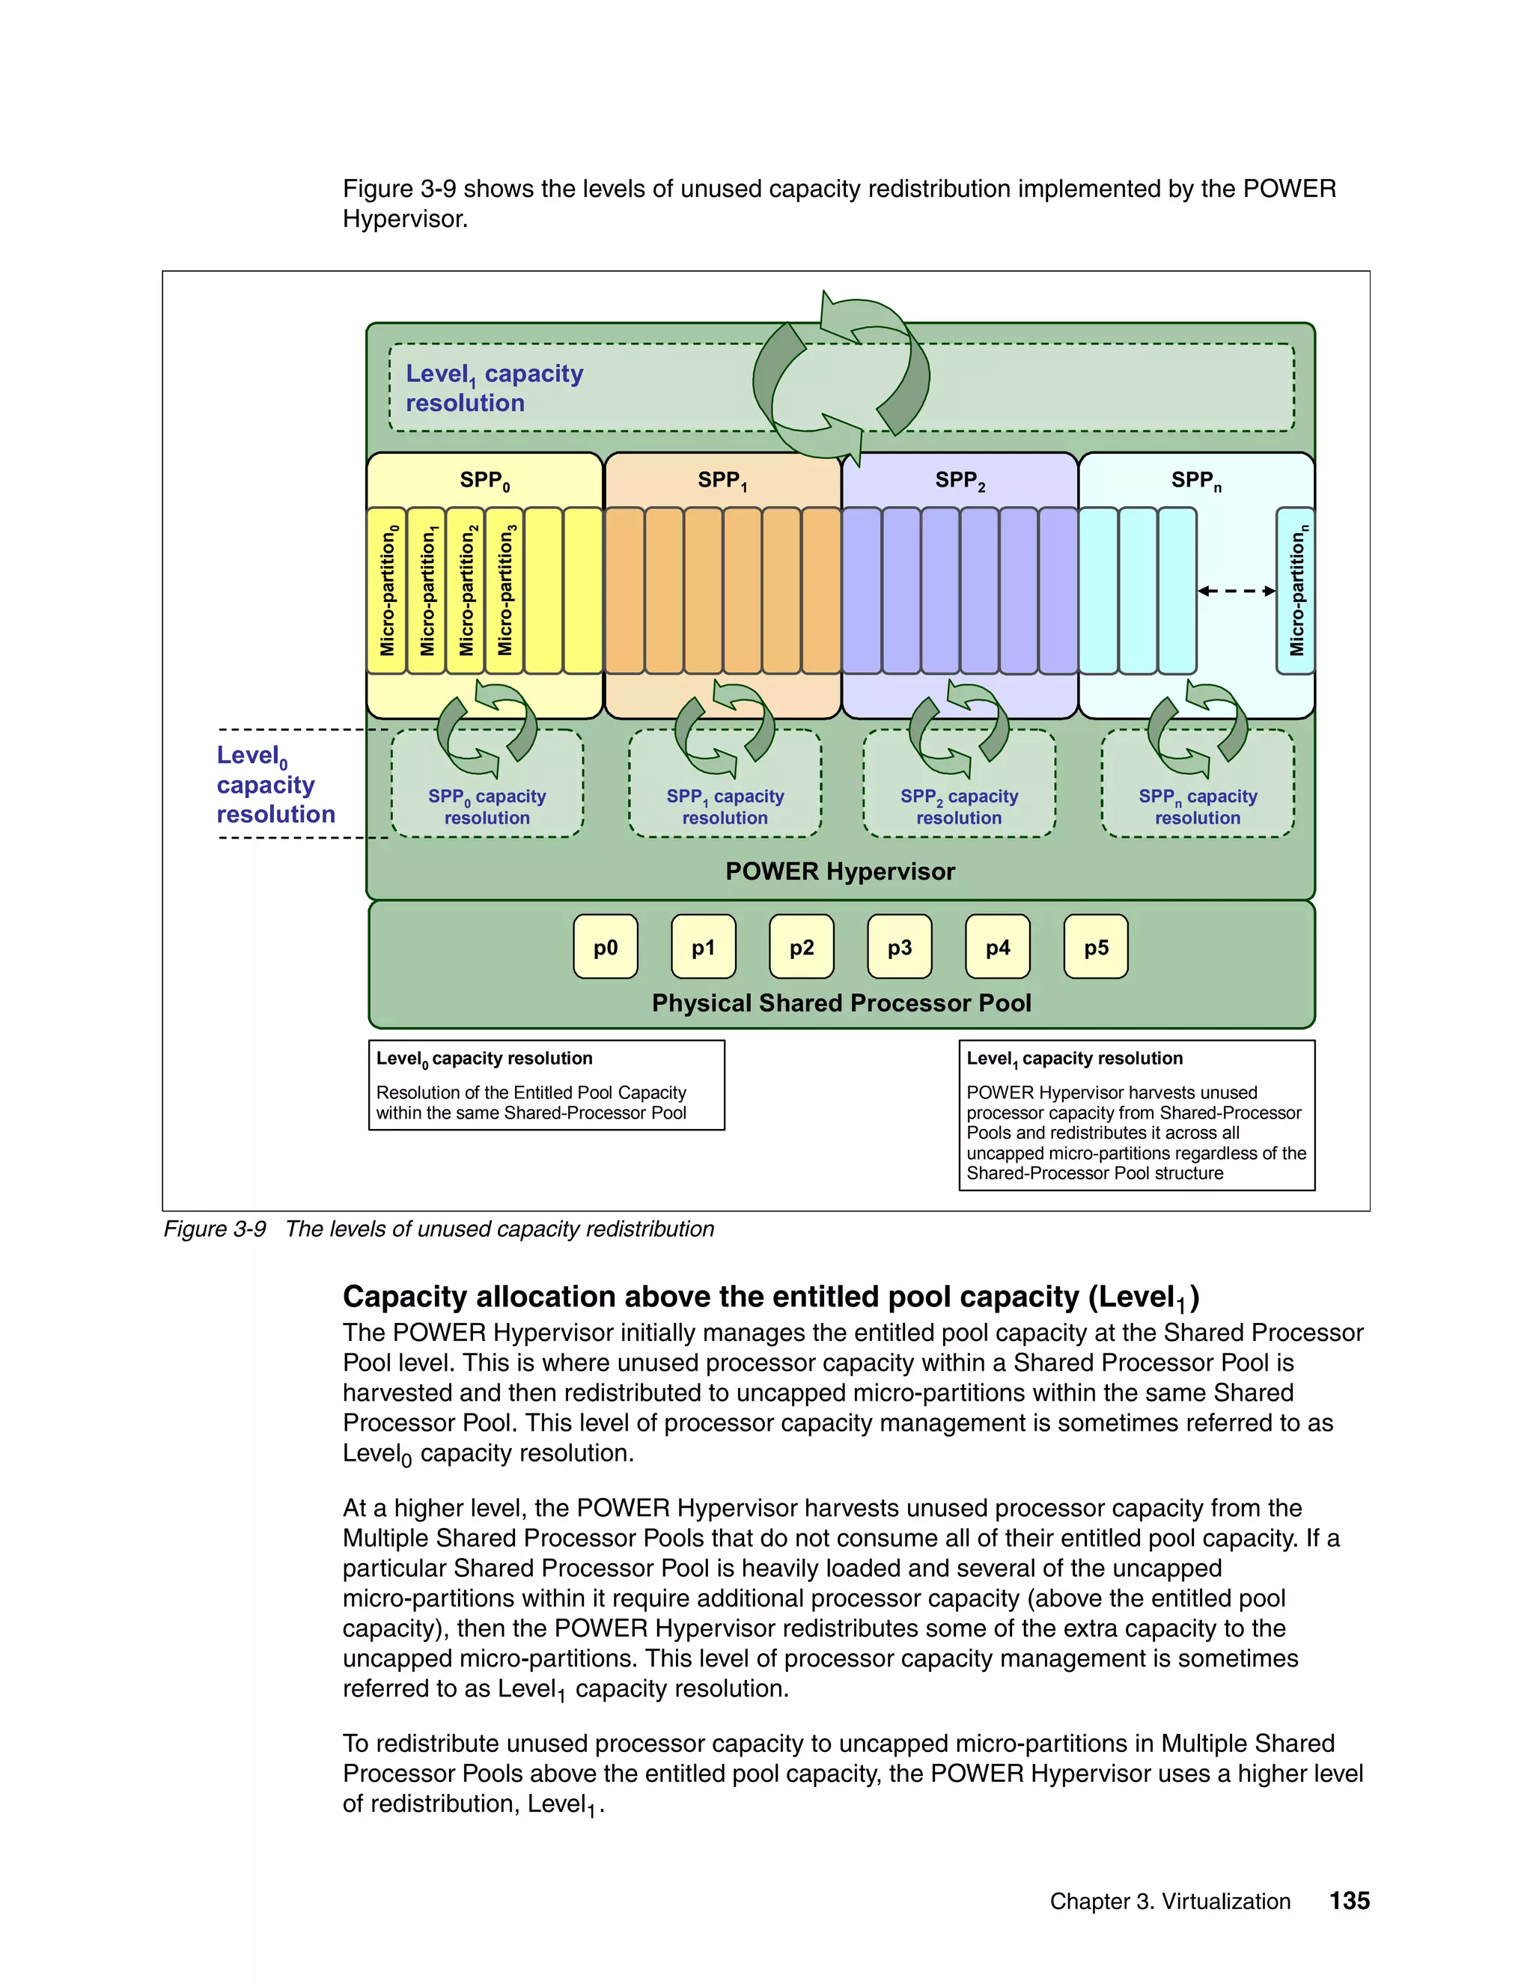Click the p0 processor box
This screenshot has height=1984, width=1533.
(606, 946)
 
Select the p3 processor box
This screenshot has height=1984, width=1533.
(899, 946)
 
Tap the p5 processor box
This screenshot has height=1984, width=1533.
(1095, 946)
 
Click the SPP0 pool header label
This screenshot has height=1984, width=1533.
(484, 481)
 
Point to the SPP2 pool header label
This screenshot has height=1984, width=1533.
(960, 481)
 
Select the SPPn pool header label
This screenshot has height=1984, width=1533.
(1196, 481)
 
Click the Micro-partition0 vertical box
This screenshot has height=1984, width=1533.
(388, 591)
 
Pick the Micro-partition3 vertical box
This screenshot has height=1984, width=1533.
(505, 591)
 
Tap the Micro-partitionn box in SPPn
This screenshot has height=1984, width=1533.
(1296, 591)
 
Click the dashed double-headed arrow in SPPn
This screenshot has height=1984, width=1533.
(1236, 591)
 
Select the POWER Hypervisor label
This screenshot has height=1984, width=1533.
(840, 871)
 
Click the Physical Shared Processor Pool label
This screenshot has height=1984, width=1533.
(841, 1003)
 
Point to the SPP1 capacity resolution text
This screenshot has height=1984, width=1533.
(725, 806)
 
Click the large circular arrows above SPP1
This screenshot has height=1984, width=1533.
(841, 377)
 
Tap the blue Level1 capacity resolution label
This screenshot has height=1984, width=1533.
(494, 388)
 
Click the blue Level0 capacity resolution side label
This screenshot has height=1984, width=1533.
(275, 784)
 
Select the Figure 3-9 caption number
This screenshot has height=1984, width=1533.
(214, 1229)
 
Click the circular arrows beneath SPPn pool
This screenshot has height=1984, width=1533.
(1197, 729)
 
